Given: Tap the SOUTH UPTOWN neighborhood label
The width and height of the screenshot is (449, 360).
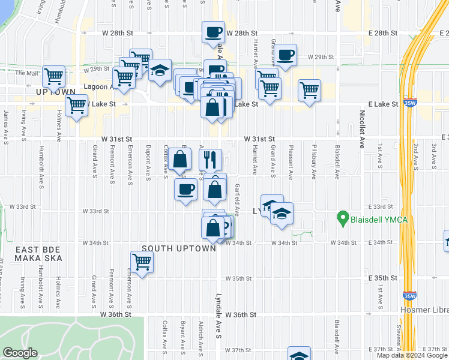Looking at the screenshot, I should point(178,248).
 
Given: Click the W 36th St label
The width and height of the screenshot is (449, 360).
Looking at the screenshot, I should point(115,314).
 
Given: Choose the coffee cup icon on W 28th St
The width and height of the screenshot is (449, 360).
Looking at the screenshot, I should point(212,32).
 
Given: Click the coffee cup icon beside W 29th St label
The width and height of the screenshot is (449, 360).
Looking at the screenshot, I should point(286,55).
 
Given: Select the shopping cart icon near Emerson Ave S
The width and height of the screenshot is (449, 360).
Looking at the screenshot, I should point(142,262).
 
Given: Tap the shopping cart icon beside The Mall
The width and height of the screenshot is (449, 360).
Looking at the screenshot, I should point(54,76).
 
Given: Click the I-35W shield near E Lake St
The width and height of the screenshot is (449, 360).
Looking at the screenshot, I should point(411,103).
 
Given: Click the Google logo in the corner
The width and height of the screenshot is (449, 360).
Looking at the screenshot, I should point(20,353).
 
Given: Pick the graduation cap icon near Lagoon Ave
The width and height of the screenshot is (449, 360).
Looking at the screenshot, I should point(160,71).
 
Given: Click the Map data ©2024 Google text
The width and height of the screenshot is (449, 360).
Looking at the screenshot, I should point(412,355).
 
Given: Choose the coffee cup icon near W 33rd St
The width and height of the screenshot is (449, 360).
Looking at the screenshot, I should point(185,190).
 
